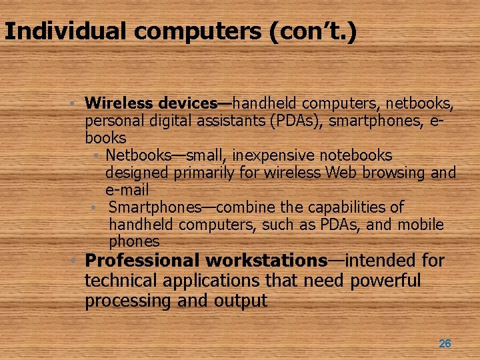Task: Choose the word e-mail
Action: pos(127,190)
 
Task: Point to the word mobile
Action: pos(420,225)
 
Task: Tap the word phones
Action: pos(134,241)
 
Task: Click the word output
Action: pos(241,301)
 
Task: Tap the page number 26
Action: pos(445,343)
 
